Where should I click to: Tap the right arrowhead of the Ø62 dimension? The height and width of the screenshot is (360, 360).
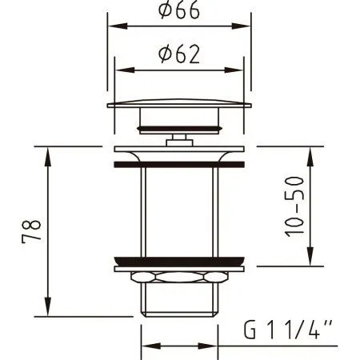click(x=238, y=70)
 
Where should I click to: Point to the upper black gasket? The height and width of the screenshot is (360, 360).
click(x=178, y=162)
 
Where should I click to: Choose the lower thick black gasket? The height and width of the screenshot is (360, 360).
click(x=178, y=259)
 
